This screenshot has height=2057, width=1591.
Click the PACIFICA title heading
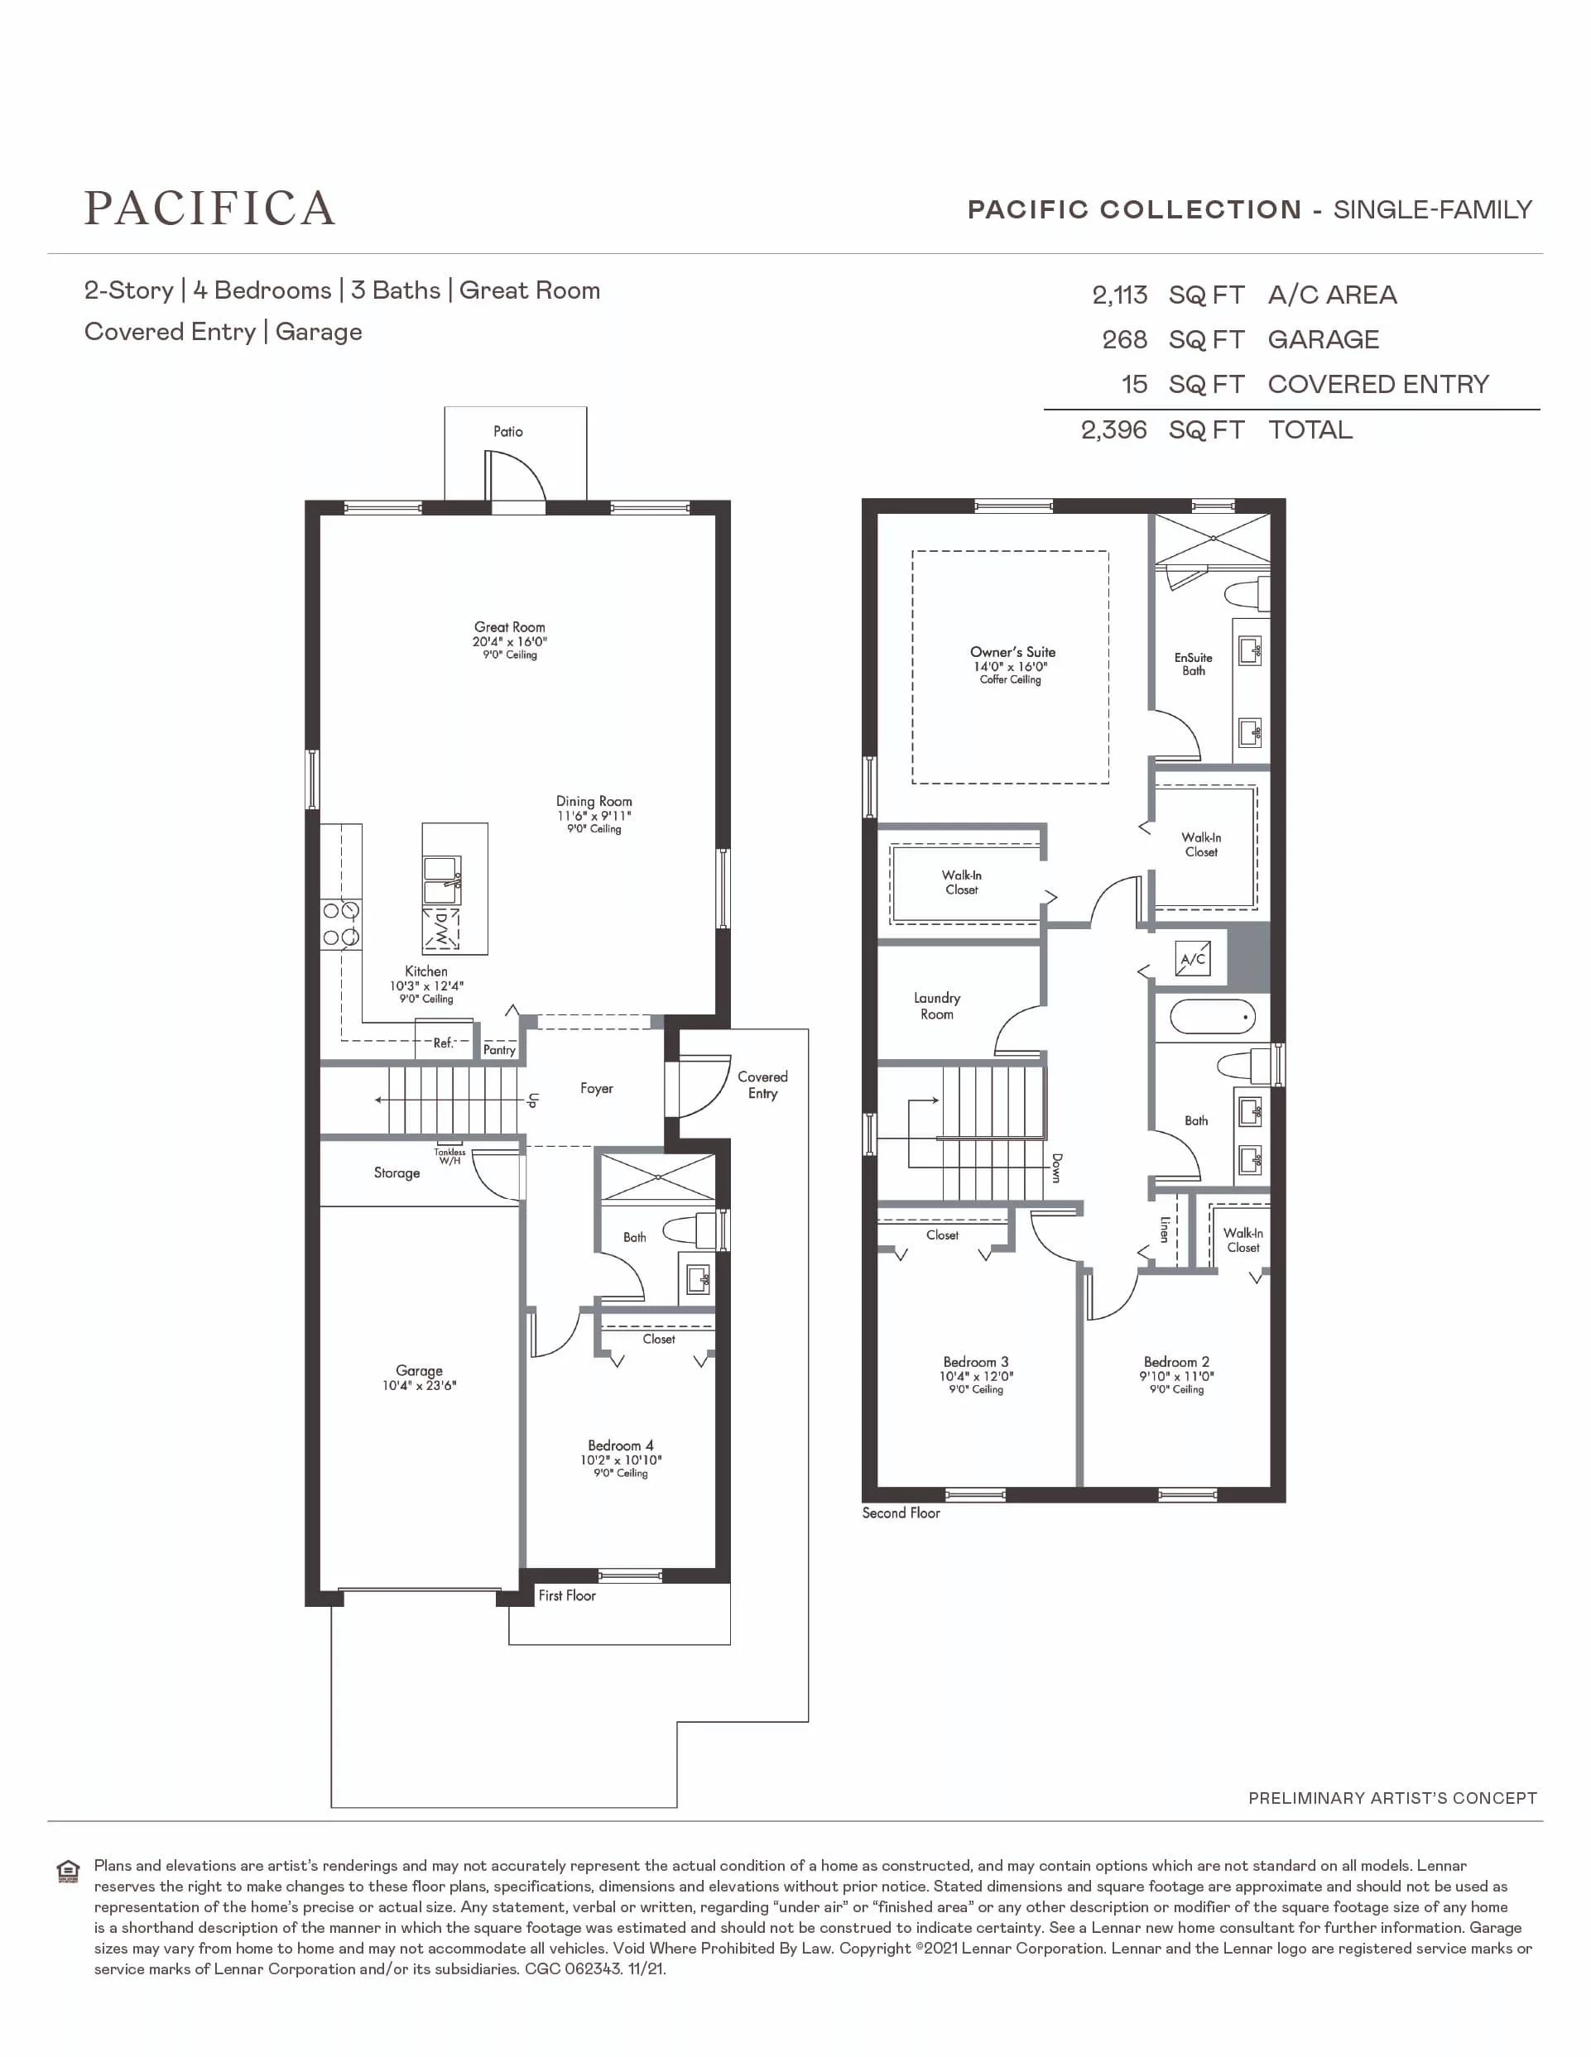coord(209,209)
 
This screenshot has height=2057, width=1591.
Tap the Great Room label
coord(510,627)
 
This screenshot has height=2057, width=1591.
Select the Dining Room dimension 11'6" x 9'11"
coord(594,816)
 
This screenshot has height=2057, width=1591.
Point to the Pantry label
coord(499,1050)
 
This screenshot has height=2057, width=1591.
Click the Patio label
coord(507,431)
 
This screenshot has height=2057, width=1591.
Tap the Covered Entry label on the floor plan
coord(763,1085)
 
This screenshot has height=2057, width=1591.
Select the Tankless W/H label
coord(450,1157)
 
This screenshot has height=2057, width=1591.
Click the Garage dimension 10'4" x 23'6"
coord(419,1385)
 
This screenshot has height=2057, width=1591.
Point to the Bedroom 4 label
coord(621,1446)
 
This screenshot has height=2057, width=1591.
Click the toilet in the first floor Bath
coord(690,1230)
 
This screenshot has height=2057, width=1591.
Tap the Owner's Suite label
coord(1012,652)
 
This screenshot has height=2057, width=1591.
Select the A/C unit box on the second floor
coord(1193,960)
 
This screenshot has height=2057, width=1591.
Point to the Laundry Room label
coord(937,1006)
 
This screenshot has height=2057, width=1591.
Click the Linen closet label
coord(1166,1229)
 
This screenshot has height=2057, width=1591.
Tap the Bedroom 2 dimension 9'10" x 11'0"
coord(1176,1377)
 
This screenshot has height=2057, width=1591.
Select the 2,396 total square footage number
coord(1113,430)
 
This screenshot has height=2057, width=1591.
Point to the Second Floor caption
coord(901,1513)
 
